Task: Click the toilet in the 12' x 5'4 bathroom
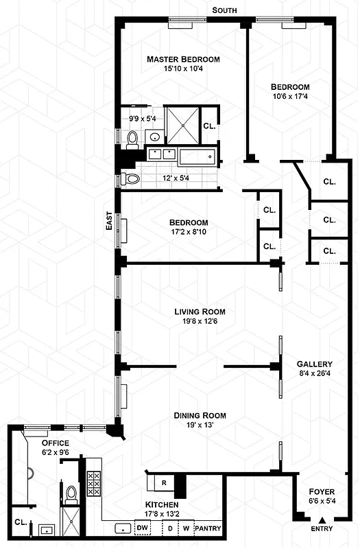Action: tap(131, 179)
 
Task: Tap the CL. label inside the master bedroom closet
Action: tap(208, 126)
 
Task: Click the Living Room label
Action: tap(199, 312)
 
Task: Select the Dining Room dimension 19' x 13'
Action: tap(199, 425)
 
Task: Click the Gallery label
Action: tap(314, 364)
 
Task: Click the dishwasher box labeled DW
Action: tap(143, 528)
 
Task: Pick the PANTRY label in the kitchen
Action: tap(207, 528)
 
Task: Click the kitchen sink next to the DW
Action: tap(123, 528)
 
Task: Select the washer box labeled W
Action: tap(186, 528)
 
